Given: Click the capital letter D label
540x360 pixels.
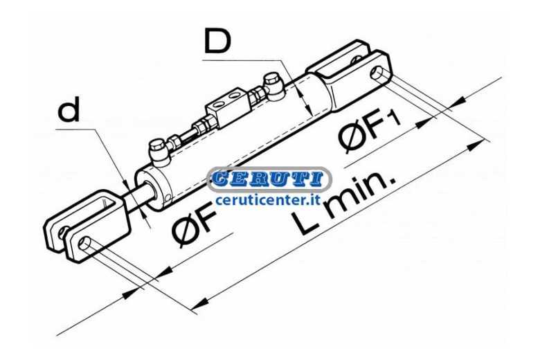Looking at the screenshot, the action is tap(217, 41).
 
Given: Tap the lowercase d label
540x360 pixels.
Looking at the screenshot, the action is tap(69, 109).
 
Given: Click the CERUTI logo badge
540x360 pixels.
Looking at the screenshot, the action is tap(269, 179).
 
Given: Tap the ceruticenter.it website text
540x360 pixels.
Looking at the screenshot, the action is tap(268, 200).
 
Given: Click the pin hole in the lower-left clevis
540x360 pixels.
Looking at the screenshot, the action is tap(84, 243).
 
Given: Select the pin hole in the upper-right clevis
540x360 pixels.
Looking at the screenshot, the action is tap(377, 73).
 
